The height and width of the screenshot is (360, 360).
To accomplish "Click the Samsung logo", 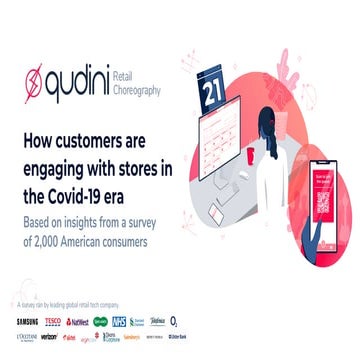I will [x=27, y=321].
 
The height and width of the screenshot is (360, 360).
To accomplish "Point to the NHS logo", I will [x=147, y=321].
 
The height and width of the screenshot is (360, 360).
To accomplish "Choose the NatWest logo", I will [x=84, y=321].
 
